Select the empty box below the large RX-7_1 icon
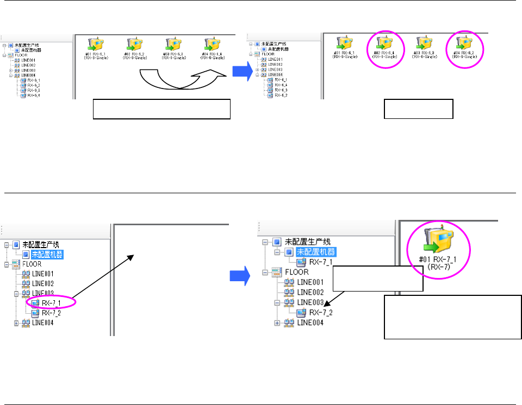(x=452, y=317)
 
